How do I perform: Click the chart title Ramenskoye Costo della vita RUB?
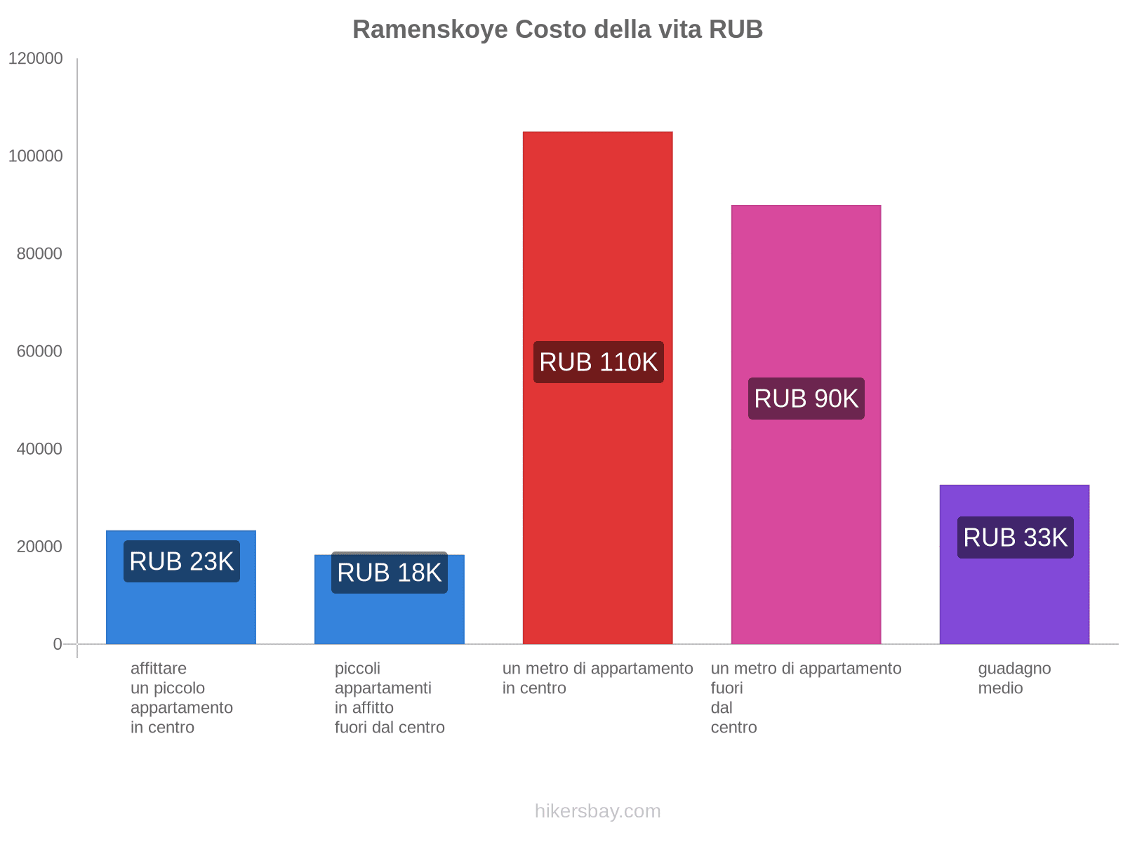[x=557, y=29]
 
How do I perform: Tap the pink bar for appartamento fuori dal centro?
[x=806, y=295]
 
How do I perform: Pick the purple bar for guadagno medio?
[x=1014, y=596]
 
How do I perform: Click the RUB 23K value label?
[x=182, y=561]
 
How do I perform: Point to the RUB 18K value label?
[x=390, y=573]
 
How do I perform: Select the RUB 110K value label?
[x=598, y=362]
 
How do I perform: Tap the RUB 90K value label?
[x=806, y=399]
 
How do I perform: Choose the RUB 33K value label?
[x=1015, y=537]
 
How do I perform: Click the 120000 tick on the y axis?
[x=36, y=59]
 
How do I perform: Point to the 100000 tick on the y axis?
[x=36, y=156]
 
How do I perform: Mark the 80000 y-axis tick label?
[x=40, y=254]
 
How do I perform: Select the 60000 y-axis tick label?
[x=40, y=352]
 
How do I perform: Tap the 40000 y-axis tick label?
[x=40, y=449]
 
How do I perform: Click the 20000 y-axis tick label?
[x=40, y=547]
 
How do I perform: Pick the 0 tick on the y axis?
[x=58, y=644]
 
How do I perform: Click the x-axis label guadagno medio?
[x=1014, y=678]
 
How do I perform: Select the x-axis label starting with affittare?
[x=181, y=697]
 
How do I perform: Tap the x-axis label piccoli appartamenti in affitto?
[x=390, y=697]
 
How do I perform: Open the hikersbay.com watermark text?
[x=597, y=811]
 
